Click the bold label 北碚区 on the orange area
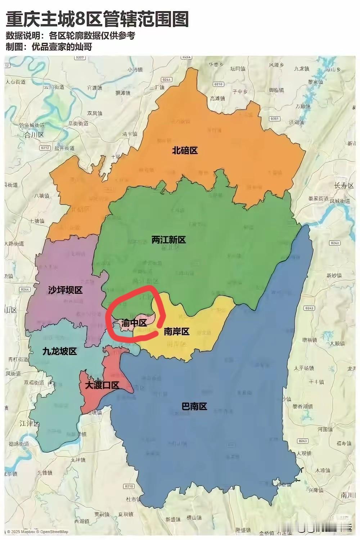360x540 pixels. (185, 150)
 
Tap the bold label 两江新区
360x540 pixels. (168, 240)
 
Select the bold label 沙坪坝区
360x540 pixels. (65, 290)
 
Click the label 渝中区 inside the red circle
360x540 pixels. (134, 323)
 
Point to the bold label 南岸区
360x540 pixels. (176, 331)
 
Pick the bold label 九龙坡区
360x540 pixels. (59, 351)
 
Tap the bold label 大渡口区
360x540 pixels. (102, 385)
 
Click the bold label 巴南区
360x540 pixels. (194, 406)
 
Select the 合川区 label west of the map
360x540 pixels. (33, 135)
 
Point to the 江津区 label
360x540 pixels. (30, 423)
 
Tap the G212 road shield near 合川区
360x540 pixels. (45, 148)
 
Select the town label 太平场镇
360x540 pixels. (304, 368)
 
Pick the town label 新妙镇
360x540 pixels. (334, 275)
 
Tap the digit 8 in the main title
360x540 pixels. (81, 19)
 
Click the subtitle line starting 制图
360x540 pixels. (49, 47)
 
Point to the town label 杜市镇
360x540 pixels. (133, 499)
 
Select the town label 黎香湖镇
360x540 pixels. (303, 406)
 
